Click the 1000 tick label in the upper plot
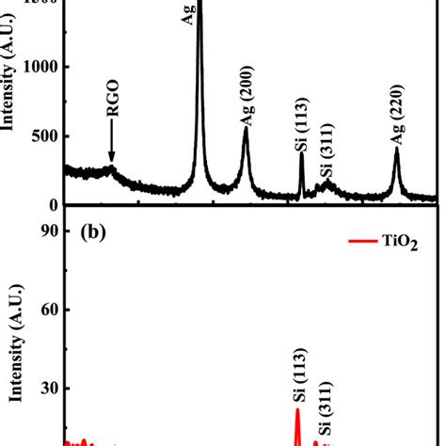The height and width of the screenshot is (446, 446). coord(40,67)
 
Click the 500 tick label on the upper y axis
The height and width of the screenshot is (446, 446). coord(44,136)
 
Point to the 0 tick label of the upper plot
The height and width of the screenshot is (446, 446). coord(53,205)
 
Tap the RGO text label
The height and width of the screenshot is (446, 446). coord(112,124)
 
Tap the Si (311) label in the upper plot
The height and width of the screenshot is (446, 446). coord(327,155)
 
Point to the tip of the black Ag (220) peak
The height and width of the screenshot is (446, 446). coord(396,148)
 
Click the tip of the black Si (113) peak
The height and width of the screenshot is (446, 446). coord(301,153)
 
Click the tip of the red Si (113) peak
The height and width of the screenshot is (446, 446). coord(297,408)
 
